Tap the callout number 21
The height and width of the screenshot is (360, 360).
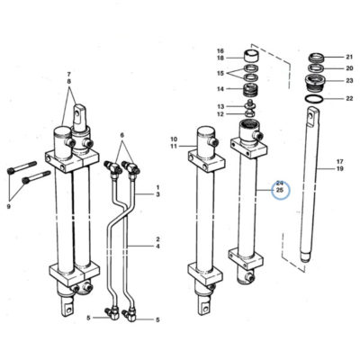point(349,57)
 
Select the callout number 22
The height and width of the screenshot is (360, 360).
point(349,98)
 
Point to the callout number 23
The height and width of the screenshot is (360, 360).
point(349,80)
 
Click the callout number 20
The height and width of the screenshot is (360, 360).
point(349,68)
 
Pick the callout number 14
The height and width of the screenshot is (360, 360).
point(220,89)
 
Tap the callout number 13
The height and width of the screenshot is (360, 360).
point(220,106)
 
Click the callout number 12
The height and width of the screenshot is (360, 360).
point(220,114)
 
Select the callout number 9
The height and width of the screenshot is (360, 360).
point(8,206)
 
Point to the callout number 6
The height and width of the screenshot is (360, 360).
point(122,135)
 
